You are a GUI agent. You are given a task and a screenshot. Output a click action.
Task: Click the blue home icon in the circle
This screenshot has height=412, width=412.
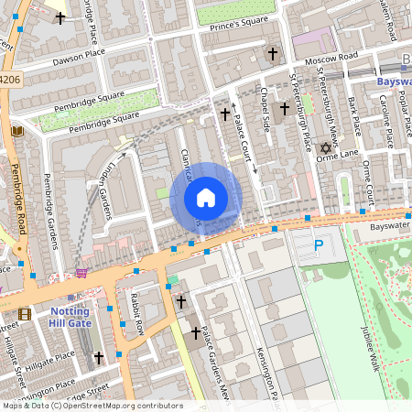point(206,198)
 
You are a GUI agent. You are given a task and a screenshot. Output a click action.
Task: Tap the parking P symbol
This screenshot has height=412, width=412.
point(318,245)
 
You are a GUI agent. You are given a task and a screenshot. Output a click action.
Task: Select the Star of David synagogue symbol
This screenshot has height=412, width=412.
point(323,147)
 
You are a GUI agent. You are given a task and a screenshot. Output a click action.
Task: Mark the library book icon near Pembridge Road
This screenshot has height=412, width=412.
point(16,133)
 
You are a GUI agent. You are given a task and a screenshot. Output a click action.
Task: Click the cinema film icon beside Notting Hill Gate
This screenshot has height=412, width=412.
point(24,314)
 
